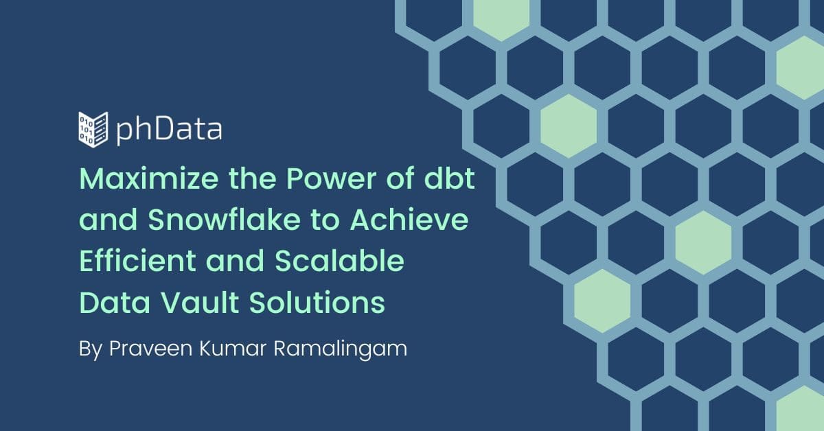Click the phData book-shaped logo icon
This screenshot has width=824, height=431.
click(93, 130)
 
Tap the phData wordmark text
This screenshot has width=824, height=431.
click(169, 130)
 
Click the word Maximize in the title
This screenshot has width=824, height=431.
click(149, 178)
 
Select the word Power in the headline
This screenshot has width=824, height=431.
click(331, 178)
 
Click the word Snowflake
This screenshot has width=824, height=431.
click(224, 219)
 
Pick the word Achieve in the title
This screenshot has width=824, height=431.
click(409, 219)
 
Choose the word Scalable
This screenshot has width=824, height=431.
click(339, 260)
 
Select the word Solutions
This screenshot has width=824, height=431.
click(317, 302)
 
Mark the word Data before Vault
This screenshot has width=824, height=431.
click(115, 302)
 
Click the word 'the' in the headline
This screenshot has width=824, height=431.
click(253, 178)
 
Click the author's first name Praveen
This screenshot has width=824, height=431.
click(151, 348)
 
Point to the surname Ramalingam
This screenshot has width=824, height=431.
click(341, 349)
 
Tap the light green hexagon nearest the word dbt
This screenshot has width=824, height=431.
click(569, 126)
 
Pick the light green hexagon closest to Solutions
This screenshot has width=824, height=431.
click(602, 301)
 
